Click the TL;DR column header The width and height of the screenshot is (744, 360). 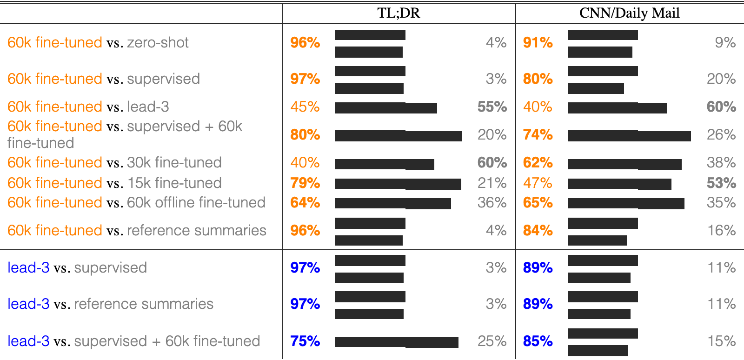tap(399, 13)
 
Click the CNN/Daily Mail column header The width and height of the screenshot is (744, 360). tap(630, 13)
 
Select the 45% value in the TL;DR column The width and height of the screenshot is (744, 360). tap(305, 107)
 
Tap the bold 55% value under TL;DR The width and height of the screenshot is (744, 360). tap(492, 107)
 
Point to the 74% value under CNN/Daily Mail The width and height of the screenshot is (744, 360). tap(538, 135)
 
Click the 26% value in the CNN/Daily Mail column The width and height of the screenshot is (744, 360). tap(721, 135)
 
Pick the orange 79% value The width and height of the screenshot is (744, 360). tap(305, 183)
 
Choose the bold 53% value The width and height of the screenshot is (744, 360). tap(721, 183)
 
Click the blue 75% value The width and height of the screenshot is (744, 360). tap(305, 341)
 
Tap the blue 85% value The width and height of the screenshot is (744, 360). tap(538, 341)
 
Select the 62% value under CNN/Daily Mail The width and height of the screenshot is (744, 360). tap(538, 163)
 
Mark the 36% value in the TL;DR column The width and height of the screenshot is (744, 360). tap(492, 203)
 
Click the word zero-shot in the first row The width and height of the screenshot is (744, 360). tap(158, 43)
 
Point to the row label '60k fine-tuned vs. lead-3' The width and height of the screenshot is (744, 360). tap(88, 107)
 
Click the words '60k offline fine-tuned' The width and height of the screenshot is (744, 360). tap(196, 203)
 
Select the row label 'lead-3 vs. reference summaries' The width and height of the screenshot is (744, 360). tap(110, 304)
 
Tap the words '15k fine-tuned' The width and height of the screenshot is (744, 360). tap(174, 183)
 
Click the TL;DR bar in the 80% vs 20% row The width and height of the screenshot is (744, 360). tap(398, 136)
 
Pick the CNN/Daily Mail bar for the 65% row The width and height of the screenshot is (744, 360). tap(626, 204)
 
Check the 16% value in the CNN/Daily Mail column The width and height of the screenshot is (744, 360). tap(721, 231)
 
